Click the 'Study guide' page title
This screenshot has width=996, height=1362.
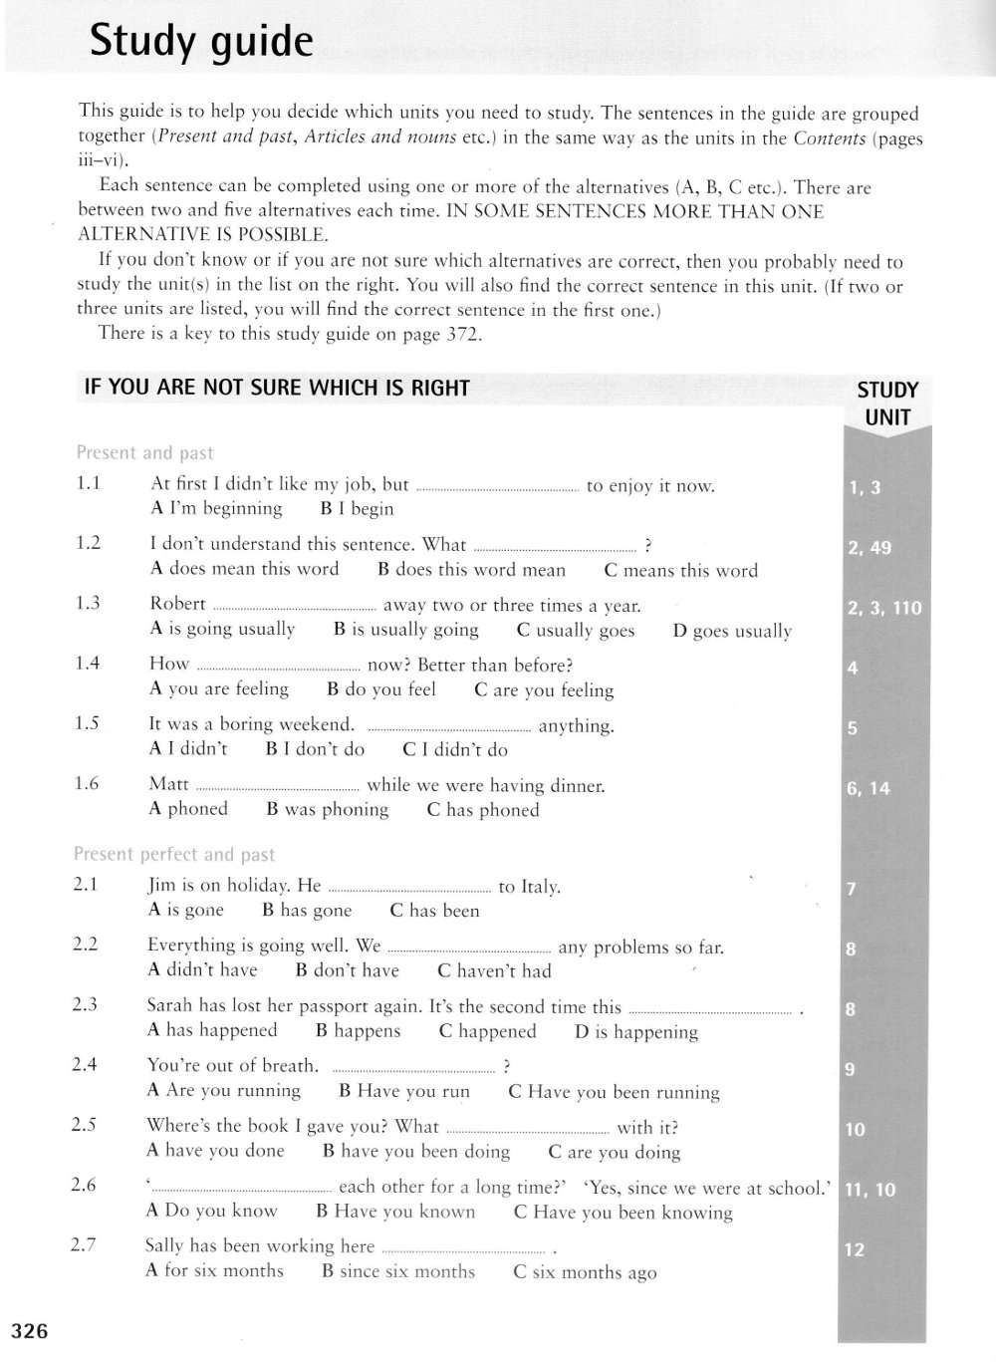(x=201, y=42)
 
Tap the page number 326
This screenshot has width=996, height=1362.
(x=29, y=1330)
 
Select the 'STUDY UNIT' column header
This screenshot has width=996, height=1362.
(x=886, y=404)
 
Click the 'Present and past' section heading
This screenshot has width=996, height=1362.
(x=144, y=452)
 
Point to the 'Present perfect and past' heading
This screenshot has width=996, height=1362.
(x=174, y=854)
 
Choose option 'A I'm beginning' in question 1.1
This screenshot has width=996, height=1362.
(x=216, y=508)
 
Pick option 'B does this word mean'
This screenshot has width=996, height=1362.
(x=471, y=570)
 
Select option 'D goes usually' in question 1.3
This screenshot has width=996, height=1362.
(x=732, y=631)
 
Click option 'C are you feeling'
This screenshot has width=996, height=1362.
(x=544, y=689)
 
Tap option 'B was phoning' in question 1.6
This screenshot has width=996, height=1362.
(x=328, y=809)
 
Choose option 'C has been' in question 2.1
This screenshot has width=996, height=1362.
(x=434, y=910)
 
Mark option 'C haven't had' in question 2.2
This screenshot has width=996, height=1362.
(x=494, y=970)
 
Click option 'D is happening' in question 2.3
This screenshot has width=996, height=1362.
(x=635, y=1031)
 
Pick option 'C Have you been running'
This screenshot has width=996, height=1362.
(x=614, y=1091)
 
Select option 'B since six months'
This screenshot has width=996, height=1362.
(x=398, y=1271)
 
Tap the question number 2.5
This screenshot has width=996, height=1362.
(x=85, y=1124)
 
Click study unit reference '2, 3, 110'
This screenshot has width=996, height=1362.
(x=884, y=608)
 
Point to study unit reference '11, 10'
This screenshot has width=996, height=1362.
(x=870, y=1189)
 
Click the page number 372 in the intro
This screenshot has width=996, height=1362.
(x=461, y=335)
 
